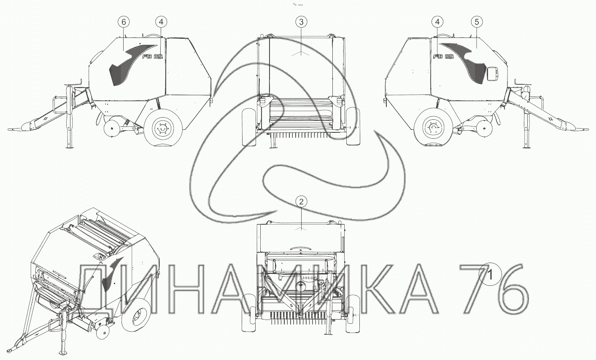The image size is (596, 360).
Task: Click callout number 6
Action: pyautogui.click(x=124, y=22)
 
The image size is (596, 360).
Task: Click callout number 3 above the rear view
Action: pyautogui.click(x=301, y=22)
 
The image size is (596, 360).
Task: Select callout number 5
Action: pyautogui.click(x=477, y=22)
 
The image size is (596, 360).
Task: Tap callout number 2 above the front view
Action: pyautogui.click(x=301, y=202)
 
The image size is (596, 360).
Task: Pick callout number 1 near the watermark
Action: pyautogui.click(x=490, y=274)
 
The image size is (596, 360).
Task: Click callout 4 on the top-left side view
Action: pyautogui.click(x=161, y=22)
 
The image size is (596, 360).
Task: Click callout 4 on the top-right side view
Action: pyautogui.click(x=438, y=22)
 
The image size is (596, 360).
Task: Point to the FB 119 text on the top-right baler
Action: pyautogui.click(x=443, y=56)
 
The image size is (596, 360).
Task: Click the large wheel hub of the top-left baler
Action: pyautogui.click(x=162, y=128)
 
